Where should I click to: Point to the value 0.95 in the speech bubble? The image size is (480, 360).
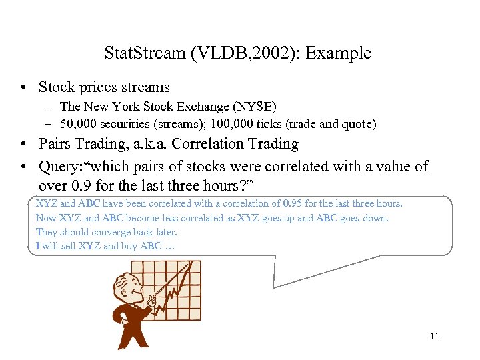click(293, 203)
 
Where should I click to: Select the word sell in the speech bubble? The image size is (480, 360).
click(67, 246)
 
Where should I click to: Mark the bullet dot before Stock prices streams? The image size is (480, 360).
click(24, 87)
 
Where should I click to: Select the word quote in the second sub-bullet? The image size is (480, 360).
click(357, 123)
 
